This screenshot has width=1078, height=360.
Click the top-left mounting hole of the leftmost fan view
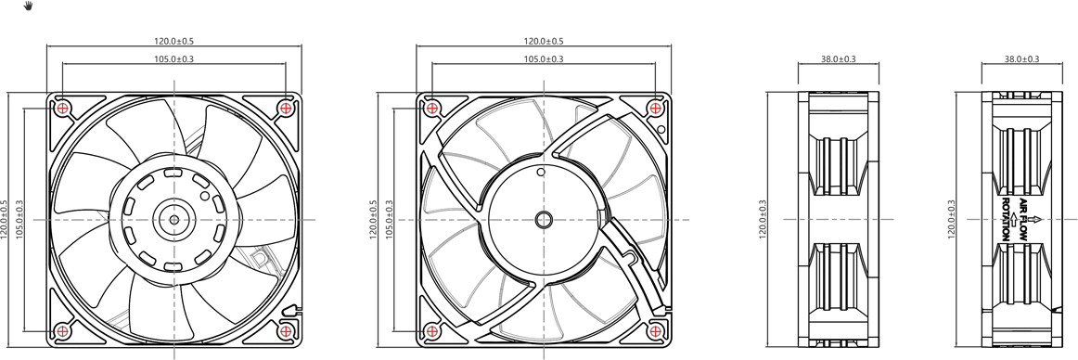click(62, 109)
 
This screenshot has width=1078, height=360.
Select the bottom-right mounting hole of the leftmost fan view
click(286, 330)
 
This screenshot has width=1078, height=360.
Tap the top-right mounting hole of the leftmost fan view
click(286, 109)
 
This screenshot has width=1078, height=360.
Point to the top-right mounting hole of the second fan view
click(656, 109)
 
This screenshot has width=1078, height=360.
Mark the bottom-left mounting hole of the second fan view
click(431, 330)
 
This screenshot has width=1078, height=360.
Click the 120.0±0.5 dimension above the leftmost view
click(173, 42)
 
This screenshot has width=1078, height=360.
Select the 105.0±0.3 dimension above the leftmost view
click(173, 59)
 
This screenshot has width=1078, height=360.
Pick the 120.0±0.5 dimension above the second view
click(544, 42)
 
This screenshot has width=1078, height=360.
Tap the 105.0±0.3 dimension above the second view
click(544, 59)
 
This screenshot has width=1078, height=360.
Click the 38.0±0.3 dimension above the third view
click(838, 59)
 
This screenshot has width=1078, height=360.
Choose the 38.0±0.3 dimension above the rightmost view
click(1021, 59)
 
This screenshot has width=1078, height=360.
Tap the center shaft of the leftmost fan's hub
click(173, 220)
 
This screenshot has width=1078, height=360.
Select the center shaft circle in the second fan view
click(544, 220)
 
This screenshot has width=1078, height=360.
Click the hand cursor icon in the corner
click(29, 6)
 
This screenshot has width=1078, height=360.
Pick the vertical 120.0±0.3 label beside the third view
click(764, 219)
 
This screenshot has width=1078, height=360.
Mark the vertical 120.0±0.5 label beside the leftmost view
click(5, 219)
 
